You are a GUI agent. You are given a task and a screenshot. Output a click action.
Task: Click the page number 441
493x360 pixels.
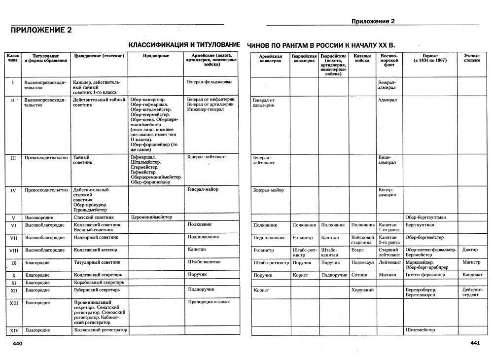click(475, 343)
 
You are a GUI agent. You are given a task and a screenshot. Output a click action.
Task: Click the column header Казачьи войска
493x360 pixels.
click(362, 59)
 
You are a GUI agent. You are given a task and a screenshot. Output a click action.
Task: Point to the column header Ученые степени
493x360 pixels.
click(471, 59)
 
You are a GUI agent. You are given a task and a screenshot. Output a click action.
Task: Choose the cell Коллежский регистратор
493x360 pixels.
click(100, 330)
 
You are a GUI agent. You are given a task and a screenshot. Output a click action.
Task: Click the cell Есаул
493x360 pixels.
click(358, 250)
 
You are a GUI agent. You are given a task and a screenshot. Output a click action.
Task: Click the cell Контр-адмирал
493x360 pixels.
click(387, 192)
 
